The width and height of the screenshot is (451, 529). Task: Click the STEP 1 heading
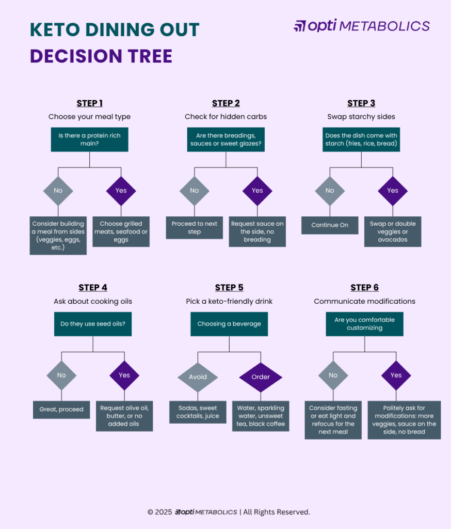[89, 103]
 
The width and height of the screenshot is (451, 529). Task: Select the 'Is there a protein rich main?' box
[89, 139]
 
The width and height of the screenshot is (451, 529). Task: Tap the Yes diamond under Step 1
[121, 191]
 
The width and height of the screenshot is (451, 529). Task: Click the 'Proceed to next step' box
[194, 228]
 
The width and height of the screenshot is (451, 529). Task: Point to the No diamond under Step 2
[194, 191]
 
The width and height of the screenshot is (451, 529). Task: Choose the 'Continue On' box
[330, 225]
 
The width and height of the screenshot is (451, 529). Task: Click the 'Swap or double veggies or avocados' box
[392, 231]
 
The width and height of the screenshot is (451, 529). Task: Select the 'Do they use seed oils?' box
[93, 324]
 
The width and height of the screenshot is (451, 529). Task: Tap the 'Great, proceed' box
[61, 410]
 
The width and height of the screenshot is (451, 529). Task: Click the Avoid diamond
[198, 377]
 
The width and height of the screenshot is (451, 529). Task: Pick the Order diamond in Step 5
[261, 377]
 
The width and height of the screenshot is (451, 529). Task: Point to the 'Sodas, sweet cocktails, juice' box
[198, 412]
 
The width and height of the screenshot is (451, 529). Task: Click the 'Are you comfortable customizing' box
[364, 324]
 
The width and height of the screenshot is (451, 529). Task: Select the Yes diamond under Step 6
[396, 376]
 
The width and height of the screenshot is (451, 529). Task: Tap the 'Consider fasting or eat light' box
[333, 420]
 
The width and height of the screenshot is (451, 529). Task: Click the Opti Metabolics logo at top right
[361, 26]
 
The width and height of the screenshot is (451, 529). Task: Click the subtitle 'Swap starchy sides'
[361, 117]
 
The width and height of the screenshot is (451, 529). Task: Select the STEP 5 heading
[229, 288]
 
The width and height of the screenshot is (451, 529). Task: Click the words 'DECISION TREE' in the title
[101, 56]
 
